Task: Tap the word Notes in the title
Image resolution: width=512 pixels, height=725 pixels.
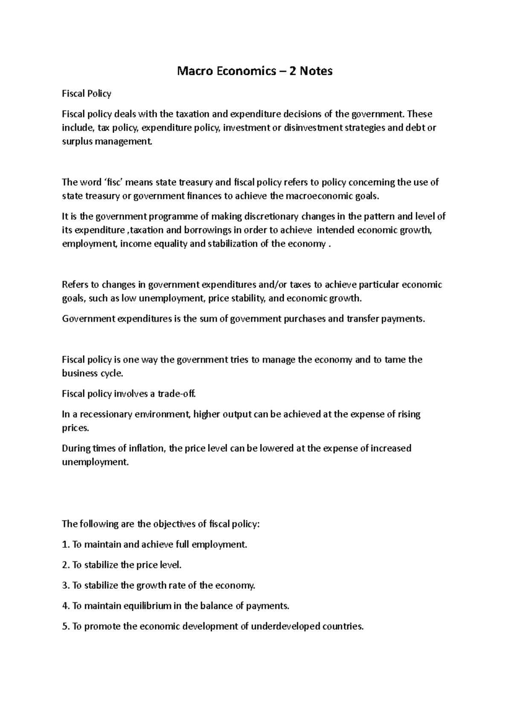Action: (x=316, y=71)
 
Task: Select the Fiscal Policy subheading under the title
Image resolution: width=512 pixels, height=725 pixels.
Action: (x=87, y=94)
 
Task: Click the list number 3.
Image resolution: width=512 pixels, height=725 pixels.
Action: (x=65, y=585)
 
